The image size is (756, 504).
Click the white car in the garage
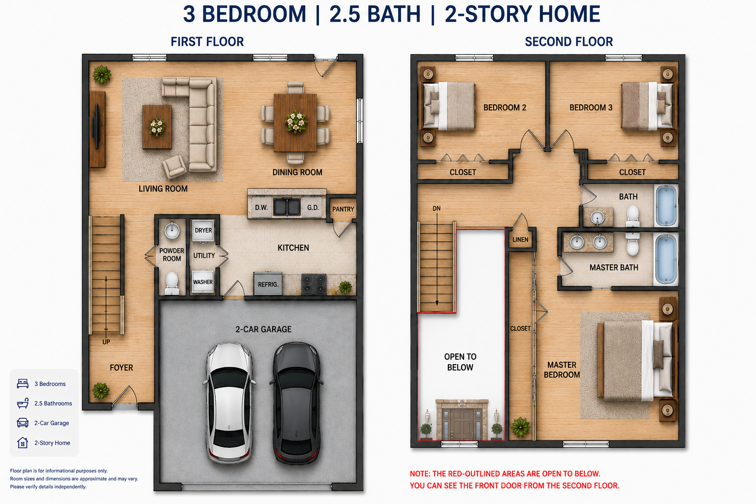pyautogui.click(x=229, y=403)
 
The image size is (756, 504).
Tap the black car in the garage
pyautogui.click(x=296, y=403)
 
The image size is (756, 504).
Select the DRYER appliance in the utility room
pyautogui.click(x=203, y=230)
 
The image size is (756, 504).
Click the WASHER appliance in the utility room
pyautogui.click(x=203, y=282)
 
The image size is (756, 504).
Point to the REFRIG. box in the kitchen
pyautogui.click(x=268, y=284)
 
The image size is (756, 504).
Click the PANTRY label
pyautogui.click(x=343, y=209)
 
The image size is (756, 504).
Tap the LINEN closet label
pyautogui.click(x=520, y=240)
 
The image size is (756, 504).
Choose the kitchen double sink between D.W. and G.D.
pyautogui.click(x=287, y=207)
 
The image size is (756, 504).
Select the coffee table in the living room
pyautogui.click(x=157, y=127)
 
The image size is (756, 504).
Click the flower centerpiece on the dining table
pyautogui.click(x=296, y=122)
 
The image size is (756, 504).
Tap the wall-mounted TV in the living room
pyautogui.click(x=96, y=126)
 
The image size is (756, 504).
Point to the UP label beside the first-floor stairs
pyautogui.click(x=106, y=342)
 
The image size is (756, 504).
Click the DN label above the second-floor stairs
pyautogui.click(x=437, y=209)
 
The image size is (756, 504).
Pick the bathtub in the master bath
pyautogui.click(x=666, y=259)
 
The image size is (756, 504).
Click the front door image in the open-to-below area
pyautogui.click(x=462, y=420)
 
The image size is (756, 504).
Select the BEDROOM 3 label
pyautogui.click(x=591, y=108)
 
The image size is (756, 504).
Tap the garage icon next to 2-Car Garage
pyautogui.click(x=23, y=423)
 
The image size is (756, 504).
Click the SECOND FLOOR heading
pyautogui.click(x=568, y=42)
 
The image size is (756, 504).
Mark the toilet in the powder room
pyautogui.click(x=172, y=283)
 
